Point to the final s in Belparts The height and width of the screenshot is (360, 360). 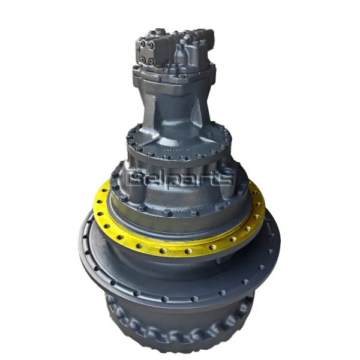(226, 178)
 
